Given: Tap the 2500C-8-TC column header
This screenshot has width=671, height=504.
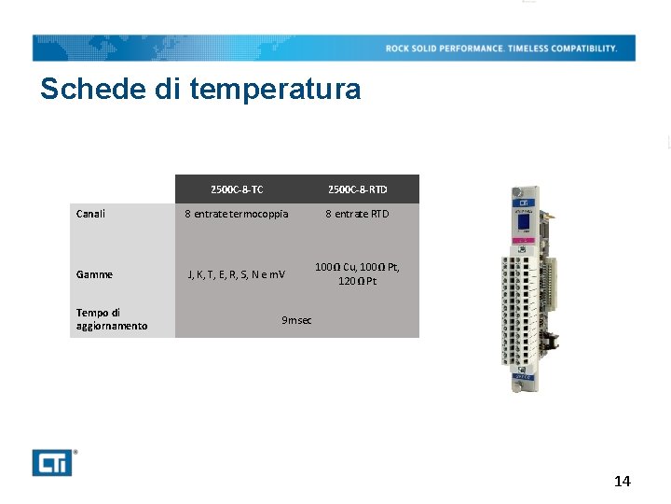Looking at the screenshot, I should pos(237,189).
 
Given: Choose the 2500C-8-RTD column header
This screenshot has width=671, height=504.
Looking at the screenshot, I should pos(357,189).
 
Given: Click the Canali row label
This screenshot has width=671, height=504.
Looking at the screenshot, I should pos(90,214).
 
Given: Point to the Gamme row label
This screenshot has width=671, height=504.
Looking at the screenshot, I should pos(94,274).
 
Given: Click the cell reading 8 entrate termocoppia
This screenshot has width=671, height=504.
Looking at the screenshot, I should pos(237,214).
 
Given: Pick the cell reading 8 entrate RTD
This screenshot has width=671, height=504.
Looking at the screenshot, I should pos(357,214).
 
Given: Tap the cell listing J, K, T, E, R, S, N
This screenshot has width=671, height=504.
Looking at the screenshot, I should pos(237,274).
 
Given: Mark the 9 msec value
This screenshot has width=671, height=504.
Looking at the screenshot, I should pos(296,320).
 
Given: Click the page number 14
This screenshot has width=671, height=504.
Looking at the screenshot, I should pos(622,482).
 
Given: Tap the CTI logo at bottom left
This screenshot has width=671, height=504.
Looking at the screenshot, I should pos(52,463).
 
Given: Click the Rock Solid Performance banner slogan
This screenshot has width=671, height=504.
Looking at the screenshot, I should pos(501,49).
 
